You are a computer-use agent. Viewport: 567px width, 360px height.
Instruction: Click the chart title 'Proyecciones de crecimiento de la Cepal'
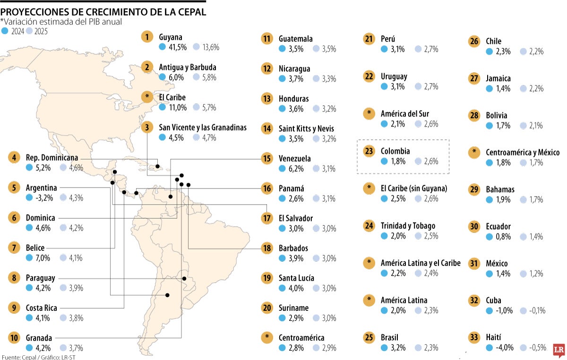(103, 12)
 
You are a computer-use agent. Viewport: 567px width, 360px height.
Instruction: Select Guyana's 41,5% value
(177, 47)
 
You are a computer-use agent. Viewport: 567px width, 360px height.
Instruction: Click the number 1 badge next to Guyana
(148, 37)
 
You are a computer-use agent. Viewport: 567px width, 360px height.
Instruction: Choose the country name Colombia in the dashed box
(395, 151)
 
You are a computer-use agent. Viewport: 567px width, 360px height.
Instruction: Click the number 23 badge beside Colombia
(369, 151)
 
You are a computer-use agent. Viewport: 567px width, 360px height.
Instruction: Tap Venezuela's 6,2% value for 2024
(295, 168)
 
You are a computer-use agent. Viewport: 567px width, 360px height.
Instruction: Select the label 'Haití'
(493, 337)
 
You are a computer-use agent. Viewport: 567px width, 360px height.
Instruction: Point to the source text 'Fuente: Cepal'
(21, 357)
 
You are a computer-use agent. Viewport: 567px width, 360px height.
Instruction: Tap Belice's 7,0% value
(43, 257)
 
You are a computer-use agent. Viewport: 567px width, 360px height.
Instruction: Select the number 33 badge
(473, 337)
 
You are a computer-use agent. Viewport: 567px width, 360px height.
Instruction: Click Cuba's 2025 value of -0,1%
(538, 310)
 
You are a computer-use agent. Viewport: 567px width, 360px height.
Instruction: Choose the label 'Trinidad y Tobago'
(408, 226)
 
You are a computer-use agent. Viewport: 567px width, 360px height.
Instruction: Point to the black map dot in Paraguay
(184, 279)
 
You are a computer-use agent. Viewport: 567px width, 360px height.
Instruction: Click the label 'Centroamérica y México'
(523, 152)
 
